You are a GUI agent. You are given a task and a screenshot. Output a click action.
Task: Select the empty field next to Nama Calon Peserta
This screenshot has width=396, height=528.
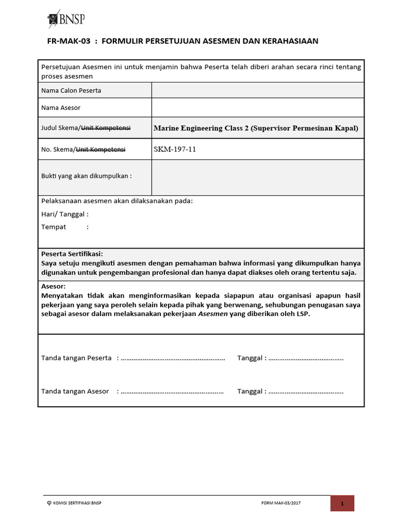(x=257, y=90)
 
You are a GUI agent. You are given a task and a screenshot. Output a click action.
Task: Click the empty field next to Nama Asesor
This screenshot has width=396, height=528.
(x=257, y=107)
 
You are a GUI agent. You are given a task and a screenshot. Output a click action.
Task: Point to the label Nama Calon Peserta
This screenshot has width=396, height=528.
(x=71, y=91)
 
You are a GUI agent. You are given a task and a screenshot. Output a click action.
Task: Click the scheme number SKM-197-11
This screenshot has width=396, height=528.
(x=175, y=150)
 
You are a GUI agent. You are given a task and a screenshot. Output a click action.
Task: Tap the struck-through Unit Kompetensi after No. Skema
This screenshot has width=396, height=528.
(x=101, y=150)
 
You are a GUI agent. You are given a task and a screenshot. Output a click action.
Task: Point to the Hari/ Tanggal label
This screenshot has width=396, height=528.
(x=64, y=214)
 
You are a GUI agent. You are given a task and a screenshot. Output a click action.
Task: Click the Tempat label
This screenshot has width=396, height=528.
(x=54, y=227)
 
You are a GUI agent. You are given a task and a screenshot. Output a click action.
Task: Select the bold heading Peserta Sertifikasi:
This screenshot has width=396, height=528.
(x=72, y=254)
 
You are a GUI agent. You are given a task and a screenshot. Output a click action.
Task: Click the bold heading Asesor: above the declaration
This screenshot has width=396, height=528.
(x=53, y=287)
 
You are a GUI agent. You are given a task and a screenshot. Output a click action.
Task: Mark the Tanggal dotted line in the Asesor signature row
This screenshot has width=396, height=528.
(x=305, y=391)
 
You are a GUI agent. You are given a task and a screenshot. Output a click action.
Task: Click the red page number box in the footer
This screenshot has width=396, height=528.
(x=341, y=503)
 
